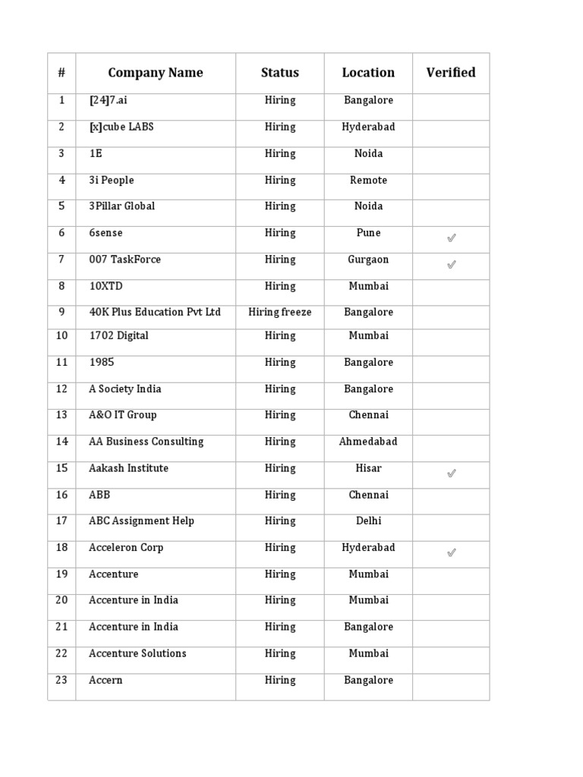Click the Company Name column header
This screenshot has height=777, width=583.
coord(156,73)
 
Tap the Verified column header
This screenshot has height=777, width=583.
coord(451,73)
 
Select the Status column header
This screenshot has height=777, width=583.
coord(280,73)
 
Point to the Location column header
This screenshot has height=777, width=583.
coord(368,73)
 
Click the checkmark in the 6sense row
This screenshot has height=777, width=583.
coord(451,238)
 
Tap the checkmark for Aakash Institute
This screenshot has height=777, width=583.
coord(451,473)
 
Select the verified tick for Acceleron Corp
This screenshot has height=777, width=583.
coord(451,553)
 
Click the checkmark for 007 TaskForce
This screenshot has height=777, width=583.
coord(451,265)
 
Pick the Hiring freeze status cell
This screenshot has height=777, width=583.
coord(280,313)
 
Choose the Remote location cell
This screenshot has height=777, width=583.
coord(368,181)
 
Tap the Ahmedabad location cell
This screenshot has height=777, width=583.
coord(368,442)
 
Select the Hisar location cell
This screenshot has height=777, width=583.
coord(368,468)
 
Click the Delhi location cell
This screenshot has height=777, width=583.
coord(368,521)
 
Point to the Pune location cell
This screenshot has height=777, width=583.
coord(368,233)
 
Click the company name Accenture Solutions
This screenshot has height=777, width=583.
coord(137,653)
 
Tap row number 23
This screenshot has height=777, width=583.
coord(61,680)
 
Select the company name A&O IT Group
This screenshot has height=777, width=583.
coord(123,415)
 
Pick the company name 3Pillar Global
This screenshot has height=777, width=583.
coord(121,206)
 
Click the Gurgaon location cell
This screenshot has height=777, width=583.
coord(368,260)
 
